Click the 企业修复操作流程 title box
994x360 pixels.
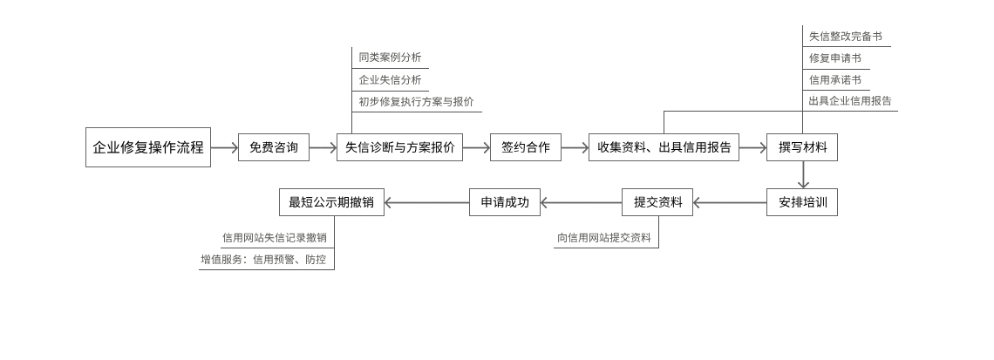pyautogui.click(x=148, y=147)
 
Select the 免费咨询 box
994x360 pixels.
pyautogui.click(x=274, y=147)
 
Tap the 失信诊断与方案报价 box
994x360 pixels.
pyautogui.click(x=399, y=147)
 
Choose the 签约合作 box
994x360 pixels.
pyautogui.click(x=525, y=147)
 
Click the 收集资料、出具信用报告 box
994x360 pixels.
pyautogui.click(x=664, y=147)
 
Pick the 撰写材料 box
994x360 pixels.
pyautogui.click(x=802, y=147)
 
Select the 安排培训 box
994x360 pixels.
pyautogui.click(x=802, y=203)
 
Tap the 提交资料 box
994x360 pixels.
pyautogui.click(x=657, y=203)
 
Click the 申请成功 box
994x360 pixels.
pyautogui.click(x=504, y=203)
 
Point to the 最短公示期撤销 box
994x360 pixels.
pyautogui.click(x=331, y=203)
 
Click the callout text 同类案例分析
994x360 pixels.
pyautogui.click(x=390, y=58)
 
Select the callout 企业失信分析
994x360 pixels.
pyautogui.click(x=390, y=80)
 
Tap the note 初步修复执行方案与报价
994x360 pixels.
pyautogui.click(x=416, y=102)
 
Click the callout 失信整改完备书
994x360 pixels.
pyautogui.click(x=845, y=37)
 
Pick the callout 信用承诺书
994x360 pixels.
pyautogui.click(x=834, y=80)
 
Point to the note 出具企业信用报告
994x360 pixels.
pyautogui.click(x=850, y=101)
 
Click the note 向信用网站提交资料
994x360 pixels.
pyautogui.click(x=604, y=238)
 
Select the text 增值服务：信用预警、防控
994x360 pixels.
pyautogui.click(x=263, y=260)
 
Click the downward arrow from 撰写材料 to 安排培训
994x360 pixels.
pyautogui.click(x=803, y=175)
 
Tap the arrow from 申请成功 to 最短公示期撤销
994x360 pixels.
pyautogui.click(x=426, y=203)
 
